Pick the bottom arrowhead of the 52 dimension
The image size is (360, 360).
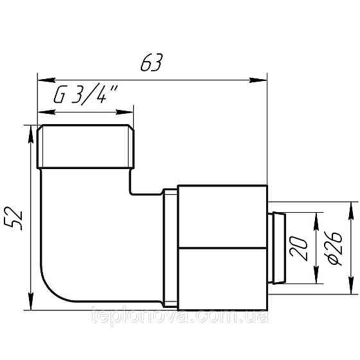point(30,307)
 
